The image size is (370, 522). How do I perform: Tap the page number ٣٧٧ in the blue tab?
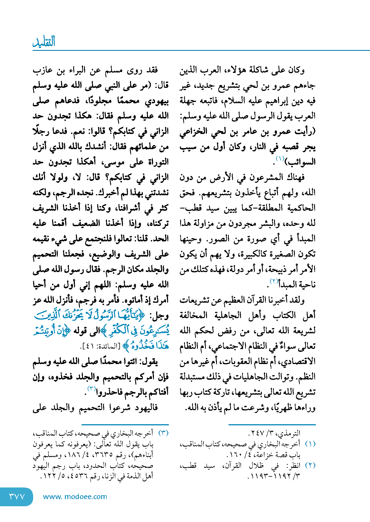(x=17, y=497)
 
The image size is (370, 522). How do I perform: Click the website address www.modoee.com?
(x=75, y=497)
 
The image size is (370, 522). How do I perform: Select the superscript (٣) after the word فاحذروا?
(x=91, y=389)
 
